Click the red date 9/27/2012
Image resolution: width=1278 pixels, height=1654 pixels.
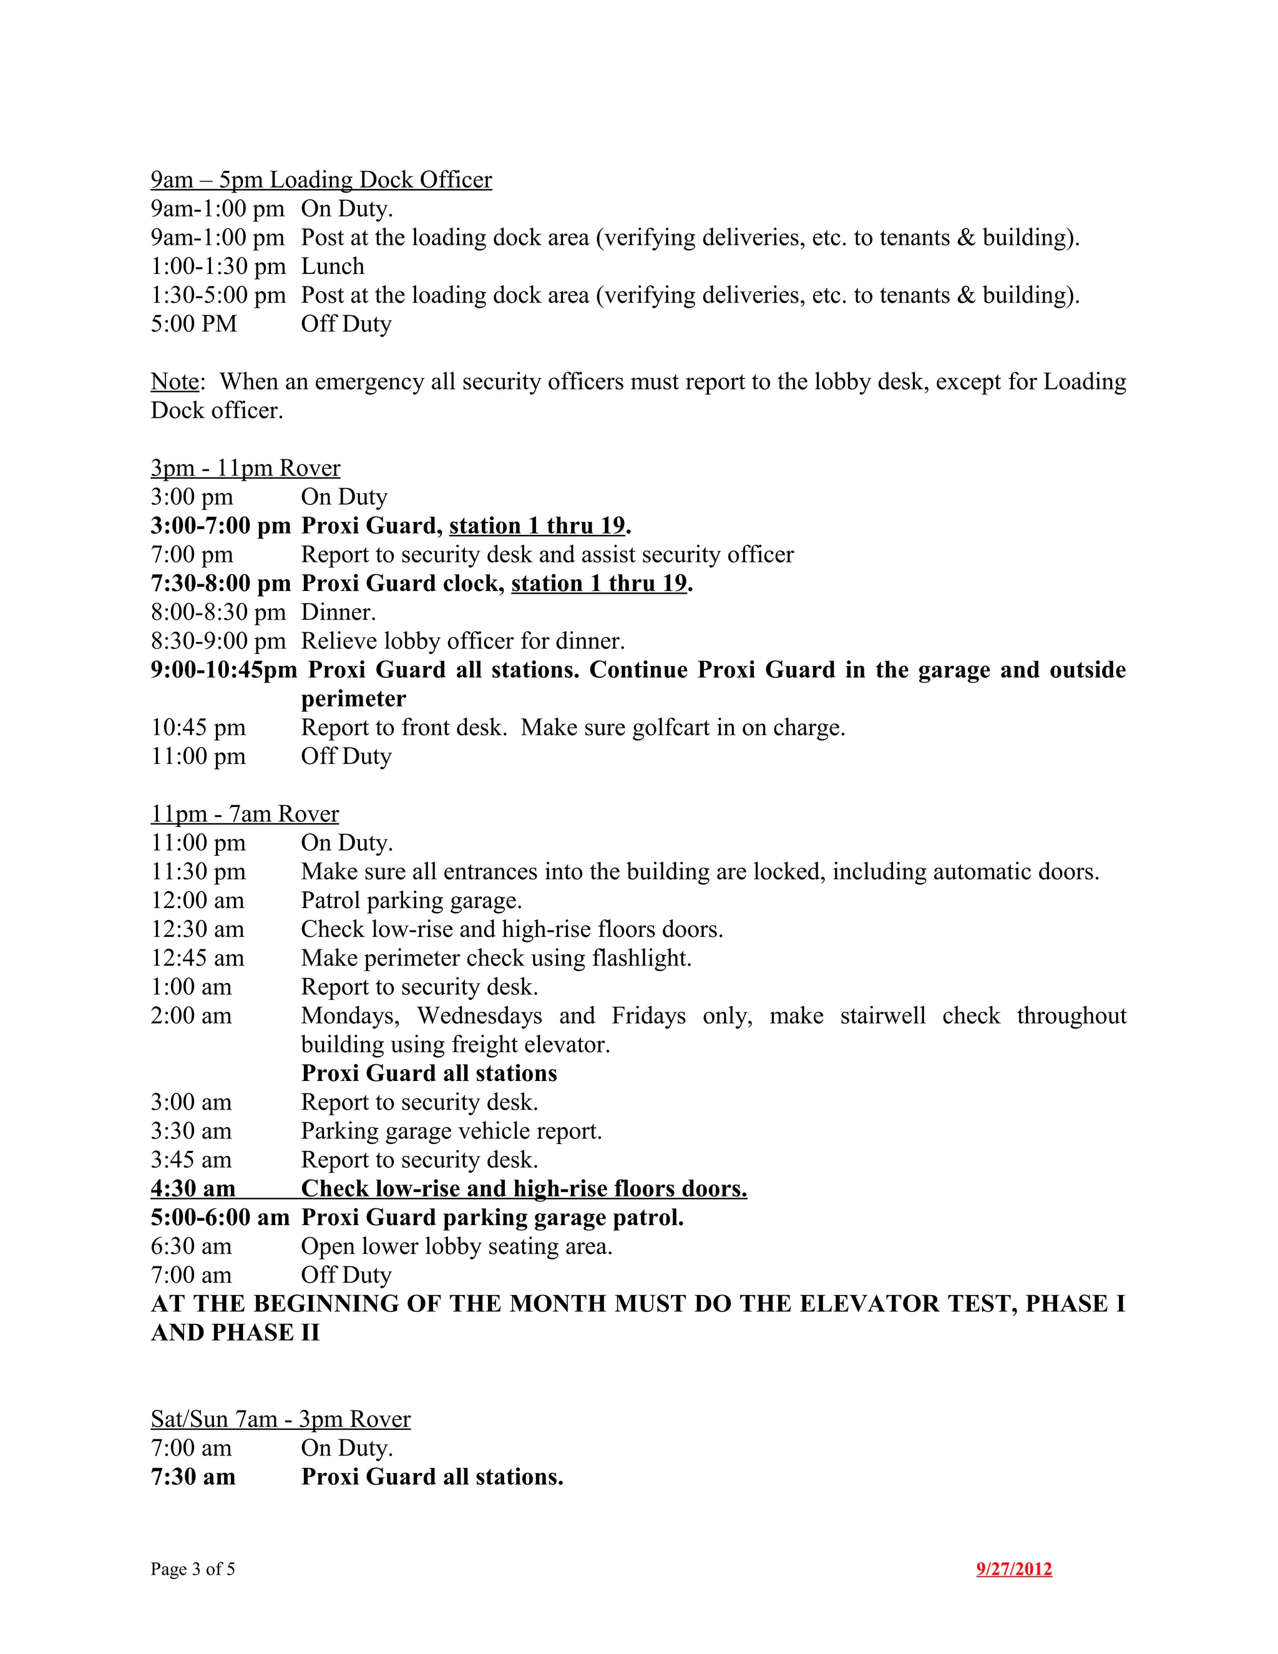pos(1014,1568)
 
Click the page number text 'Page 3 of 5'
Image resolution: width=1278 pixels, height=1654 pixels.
pos(192,1568)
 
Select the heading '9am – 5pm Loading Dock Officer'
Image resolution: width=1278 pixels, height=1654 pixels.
pos(321,180)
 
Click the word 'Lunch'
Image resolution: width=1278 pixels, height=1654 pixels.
pos(333,266)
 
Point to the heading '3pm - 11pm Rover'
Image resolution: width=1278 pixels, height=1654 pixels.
pos(245,467)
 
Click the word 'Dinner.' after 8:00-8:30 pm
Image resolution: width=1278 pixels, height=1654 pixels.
pos(338,611)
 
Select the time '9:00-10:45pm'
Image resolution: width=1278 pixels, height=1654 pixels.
pos(223,670)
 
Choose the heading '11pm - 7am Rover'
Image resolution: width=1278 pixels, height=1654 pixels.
pos(245,813)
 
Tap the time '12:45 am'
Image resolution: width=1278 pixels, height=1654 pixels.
pos(198,957)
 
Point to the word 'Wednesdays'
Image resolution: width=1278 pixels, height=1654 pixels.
pos(479,1015)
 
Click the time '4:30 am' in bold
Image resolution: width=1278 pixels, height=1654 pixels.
pos(193,1188)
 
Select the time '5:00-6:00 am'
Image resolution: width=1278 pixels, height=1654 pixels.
pos(220,1217)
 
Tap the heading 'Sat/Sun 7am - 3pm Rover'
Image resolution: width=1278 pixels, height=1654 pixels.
pos(280,1419)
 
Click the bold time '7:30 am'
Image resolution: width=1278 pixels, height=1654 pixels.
pos(193,1476)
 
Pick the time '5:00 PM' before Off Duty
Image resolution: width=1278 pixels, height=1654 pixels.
pos(194,323)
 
